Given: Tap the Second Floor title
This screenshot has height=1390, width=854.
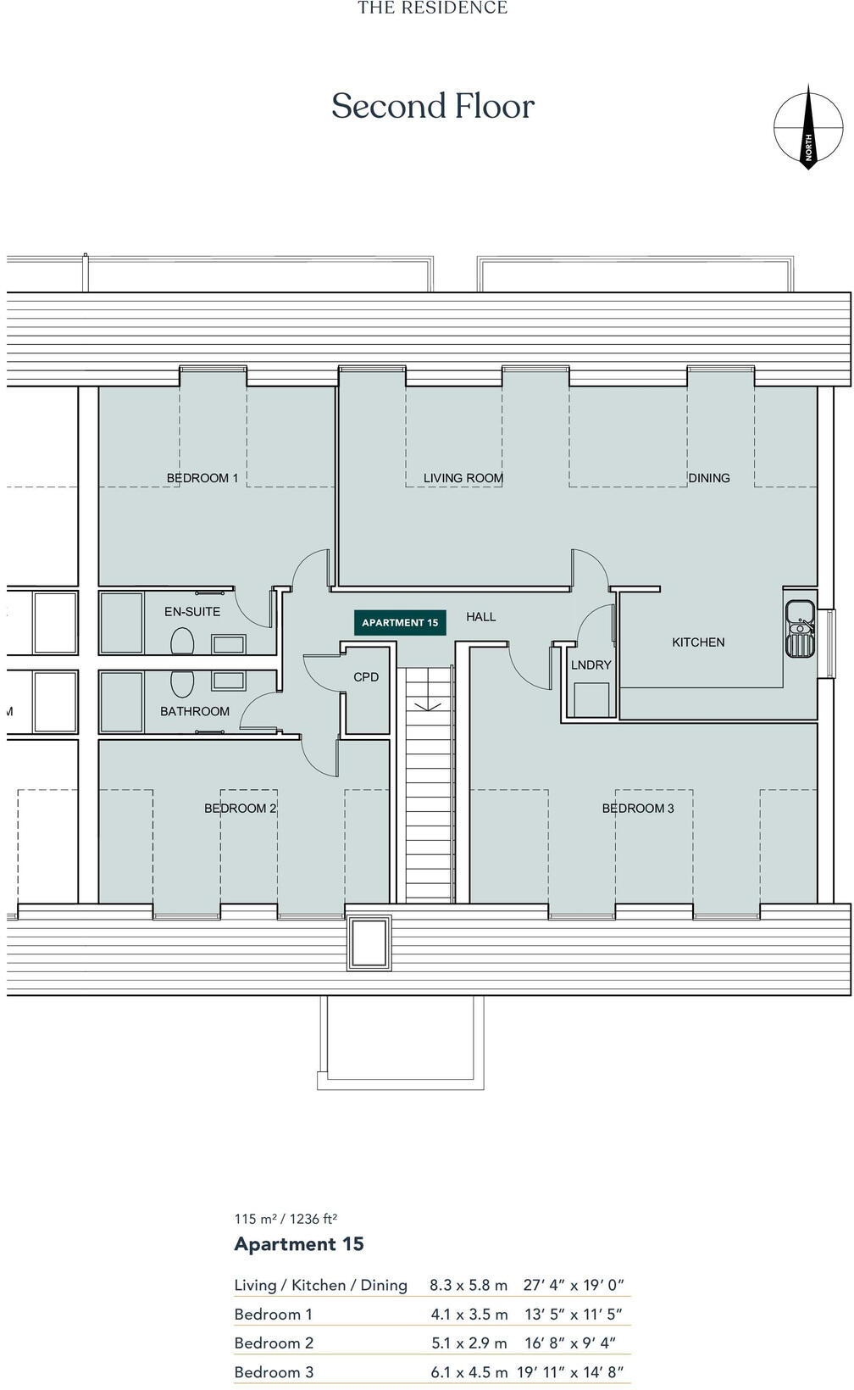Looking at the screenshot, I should point(433,106).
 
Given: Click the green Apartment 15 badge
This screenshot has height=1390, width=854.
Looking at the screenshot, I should point(400,622).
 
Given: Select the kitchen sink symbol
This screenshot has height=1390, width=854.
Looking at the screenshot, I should point(800,628).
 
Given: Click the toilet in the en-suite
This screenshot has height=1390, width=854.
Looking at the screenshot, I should point(182,641).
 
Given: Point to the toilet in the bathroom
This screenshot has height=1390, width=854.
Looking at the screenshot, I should point(182,682).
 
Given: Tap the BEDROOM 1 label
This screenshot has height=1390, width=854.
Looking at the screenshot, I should point(202,478).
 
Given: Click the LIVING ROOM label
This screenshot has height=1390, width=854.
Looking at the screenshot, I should point(463,478).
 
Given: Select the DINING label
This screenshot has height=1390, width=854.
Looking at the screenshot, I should point(708,478).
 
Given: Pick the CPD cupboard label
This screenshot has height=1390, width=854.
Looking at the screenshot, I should point(366,677).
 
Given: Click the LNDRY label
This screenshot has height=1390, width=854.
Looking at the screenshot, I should point(591,665).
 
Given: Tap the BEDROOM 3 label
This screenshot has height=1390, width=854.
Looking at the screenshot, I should point(638,809).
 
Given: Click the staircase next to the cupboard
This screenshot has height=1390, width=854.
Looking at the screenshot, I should point(430,788).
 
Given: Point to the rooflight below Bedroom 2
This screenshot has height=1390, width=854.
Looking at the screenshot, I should point(370,942).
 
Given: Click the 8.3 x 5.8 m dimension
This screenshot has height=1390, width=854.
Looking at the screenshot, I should point(469,1285).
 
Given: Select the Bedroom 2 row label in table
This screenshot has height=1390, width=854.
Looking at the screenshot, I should point(274,1343).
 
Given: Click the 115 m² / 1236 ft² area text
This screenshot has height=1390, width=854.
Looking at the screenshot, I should point(286,1219).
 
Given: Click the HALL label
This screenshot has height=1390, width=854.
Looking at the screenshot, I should point(480,617).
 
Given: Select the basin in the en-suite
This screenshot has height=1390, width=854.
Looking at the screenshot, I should point(228,644).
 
